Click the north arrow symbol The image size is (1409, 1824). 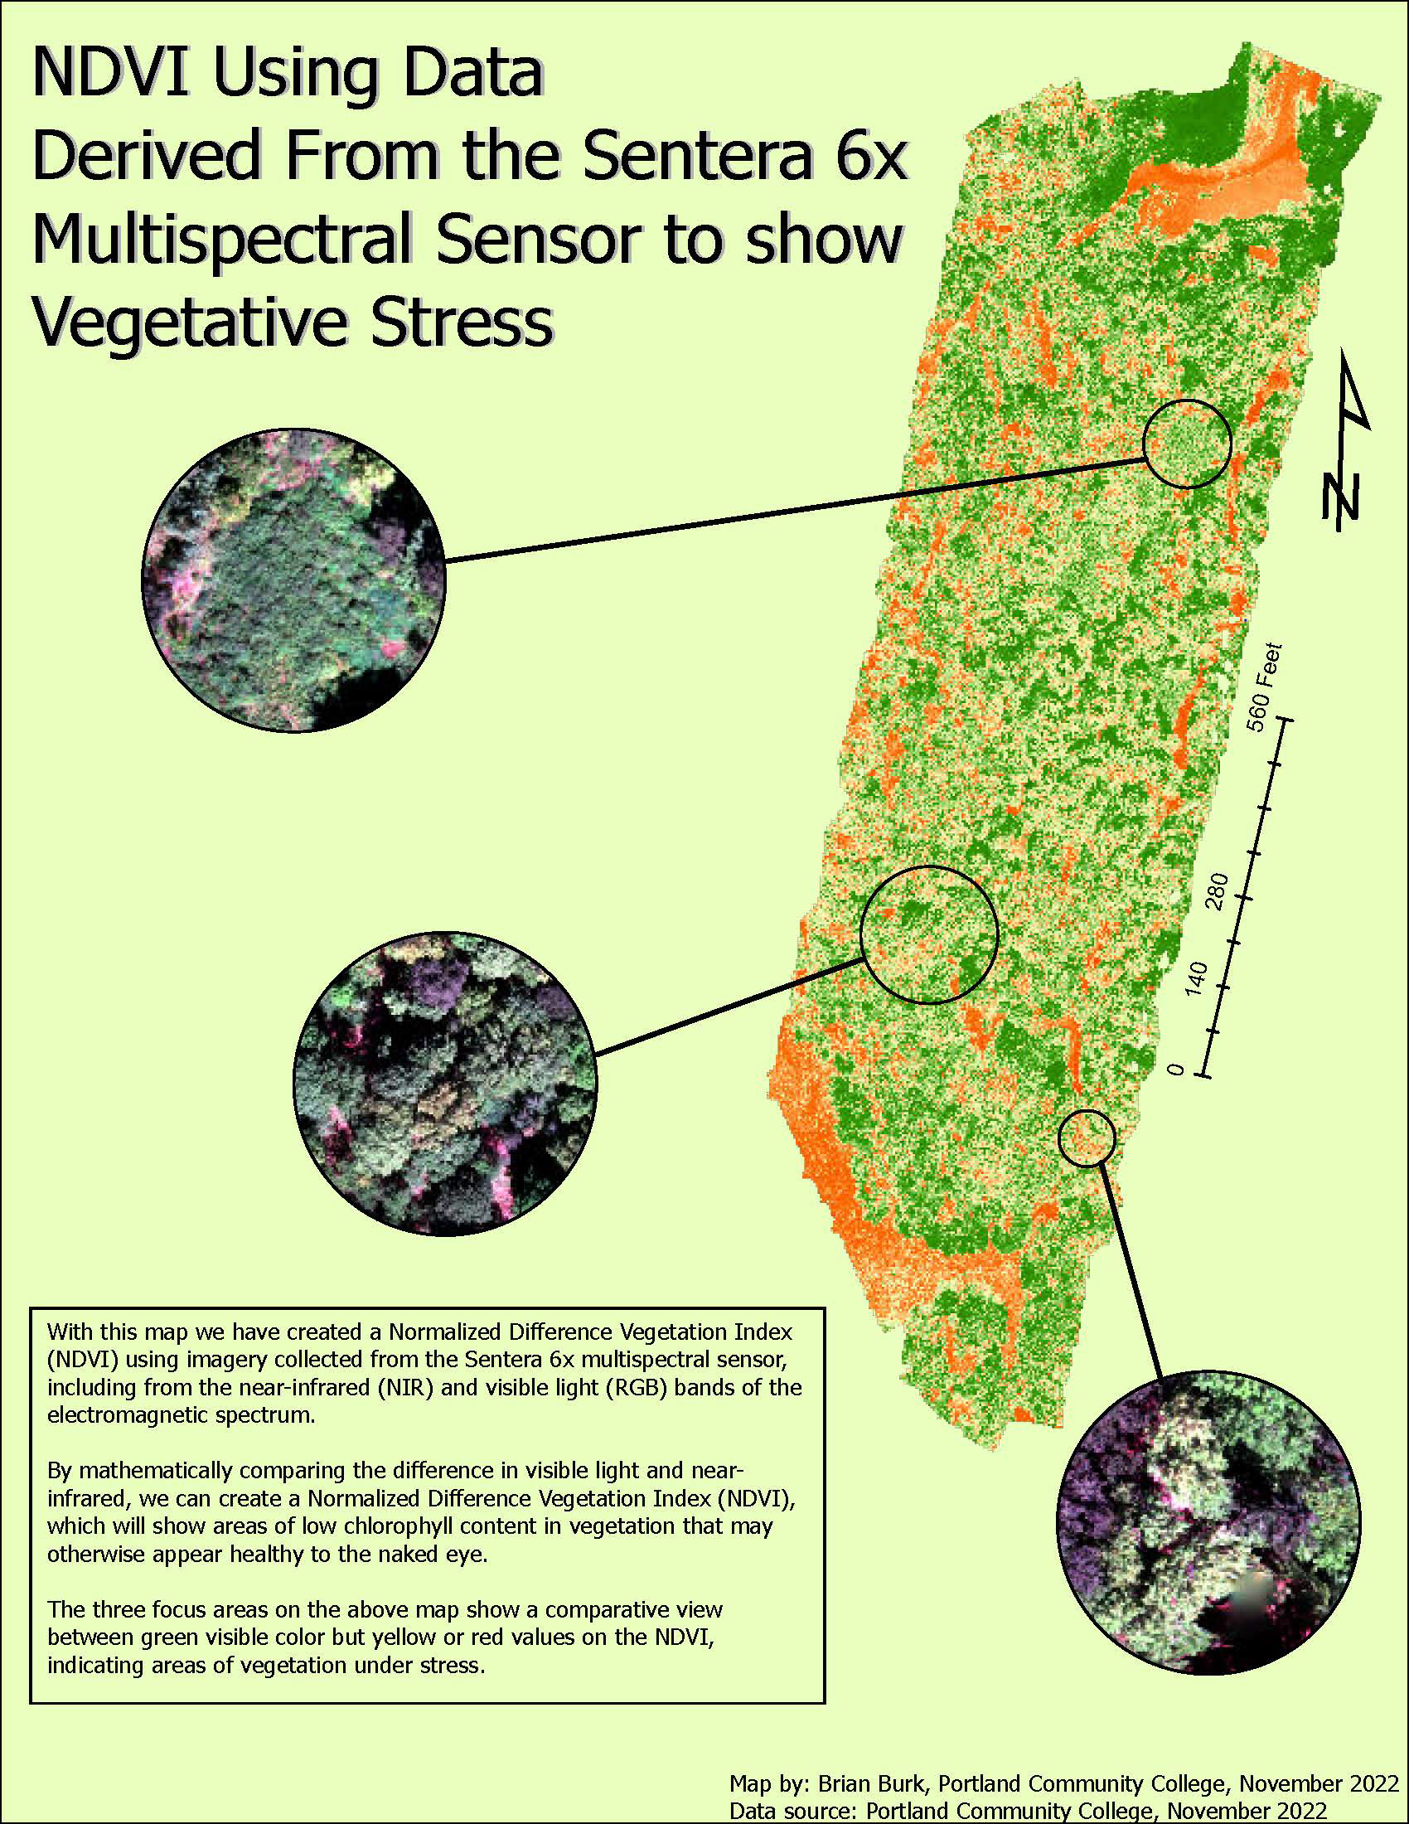point(1345,439)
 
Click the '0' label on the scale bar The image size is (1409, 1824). point(1175,1070)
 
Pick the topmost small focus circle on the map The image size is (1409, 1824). point(1187,444)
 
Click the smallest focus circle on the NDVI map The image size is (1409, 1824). point(1086,1138)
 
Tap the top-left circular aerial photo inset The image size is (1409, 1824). point(294,581)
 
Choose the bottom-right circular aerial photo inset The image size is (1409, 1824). point(1208,1521)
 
